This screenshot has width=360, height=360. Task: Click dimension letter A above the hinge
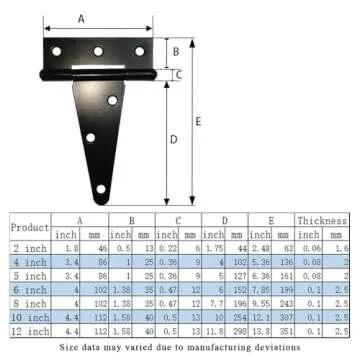(x=81, y=17)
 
